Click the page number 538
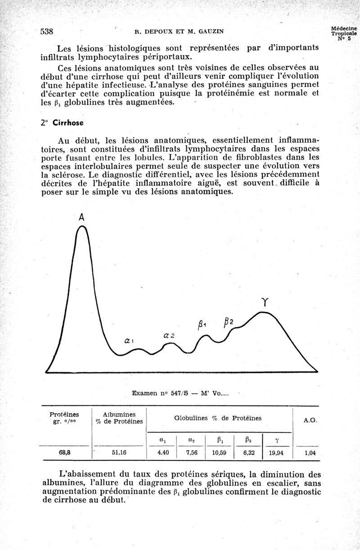coord(47,32)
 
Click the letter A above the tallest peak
coord(81,217)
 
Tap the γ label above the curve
coord(265,303)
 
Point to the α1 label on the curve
coord(128,341)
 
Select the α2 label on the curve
coord(169,336)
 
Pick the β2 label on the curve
coord(228,322)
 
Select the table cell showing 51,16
coord(119,453)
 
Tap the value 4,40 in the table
coord(163,453)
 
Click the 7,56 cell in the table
coord(191,453)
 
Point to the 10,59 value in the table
coord(220,453)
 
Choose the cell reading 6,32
coord(249,453)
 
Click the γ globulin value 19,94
coord(276,453)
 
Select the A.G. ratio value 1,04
coord(310,453)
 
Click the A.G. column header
coord(310,420)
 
